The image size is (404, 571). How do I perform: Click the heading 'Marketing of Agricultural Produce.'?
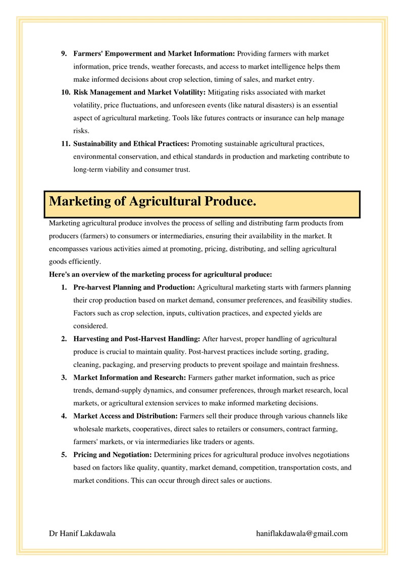pos(153,202)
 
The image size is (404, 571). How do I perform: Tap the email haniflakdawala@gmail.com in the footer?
pos(302,533)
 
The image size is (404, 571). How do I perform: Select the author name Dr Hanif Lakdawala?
pos(82,533)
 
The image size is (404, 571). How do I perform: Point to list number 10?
pos(65,93)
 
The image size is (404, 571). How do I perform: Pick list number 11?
pos(65,144)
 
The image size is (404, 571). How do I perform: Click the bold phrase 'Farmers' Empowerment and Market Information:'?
pos(154,54)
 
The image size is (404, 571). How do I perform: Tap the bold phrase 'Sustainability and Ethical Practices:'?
pos(132,144)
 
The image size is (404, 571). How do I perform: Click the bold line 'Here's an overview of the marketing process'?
pos(161,275)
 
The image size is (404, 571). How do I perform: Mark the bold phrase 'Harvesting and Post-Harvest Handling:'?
pos(137,339)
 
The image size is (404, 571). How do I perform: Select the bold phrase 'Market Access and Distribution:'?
pos(126,416)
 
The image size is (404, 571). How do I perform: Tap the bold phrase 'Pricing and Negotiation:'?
pos(113,454)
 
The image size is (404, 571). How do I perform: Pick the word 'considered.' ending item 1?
pos(90,326)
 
